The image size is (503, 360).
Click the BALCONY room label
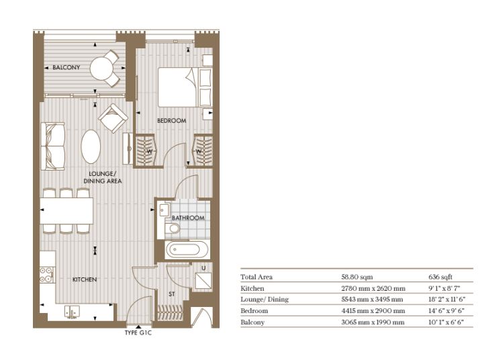point(66,67)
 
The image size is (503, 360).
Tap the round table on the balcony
point(101,69)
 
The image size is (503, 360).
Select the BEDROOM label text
point(172,121)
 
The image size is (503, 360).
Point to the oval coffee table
point(91,146)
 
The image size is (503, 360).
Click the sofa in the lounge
point(53,146)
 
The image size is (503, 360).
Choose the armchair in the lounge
point(113,118)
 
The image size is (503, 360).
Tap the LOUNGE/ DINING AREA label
point(103,177)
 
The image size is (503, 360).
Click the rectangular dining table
point(66,211)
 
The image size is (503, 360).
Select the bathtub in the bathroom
point(187,249)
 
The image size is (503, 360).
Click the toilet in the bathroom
point(173,228)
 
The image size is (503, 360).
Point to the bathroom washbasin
point(165,210)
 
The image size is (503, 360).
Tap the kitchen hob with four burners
point(47,275)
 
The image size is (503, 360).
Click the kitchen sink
point(72,312)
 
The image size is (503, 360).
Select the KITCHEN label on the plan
point(85,279)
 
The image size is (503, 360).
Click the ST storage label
point(172,294)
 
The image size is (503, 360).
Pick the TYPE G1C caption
point(138,332)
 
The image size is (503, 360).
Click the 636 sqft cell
point(441,277)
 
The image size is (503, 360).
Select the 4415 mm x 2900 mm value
point(373,311)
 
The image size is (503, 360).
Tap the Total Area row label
point(257,277)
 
